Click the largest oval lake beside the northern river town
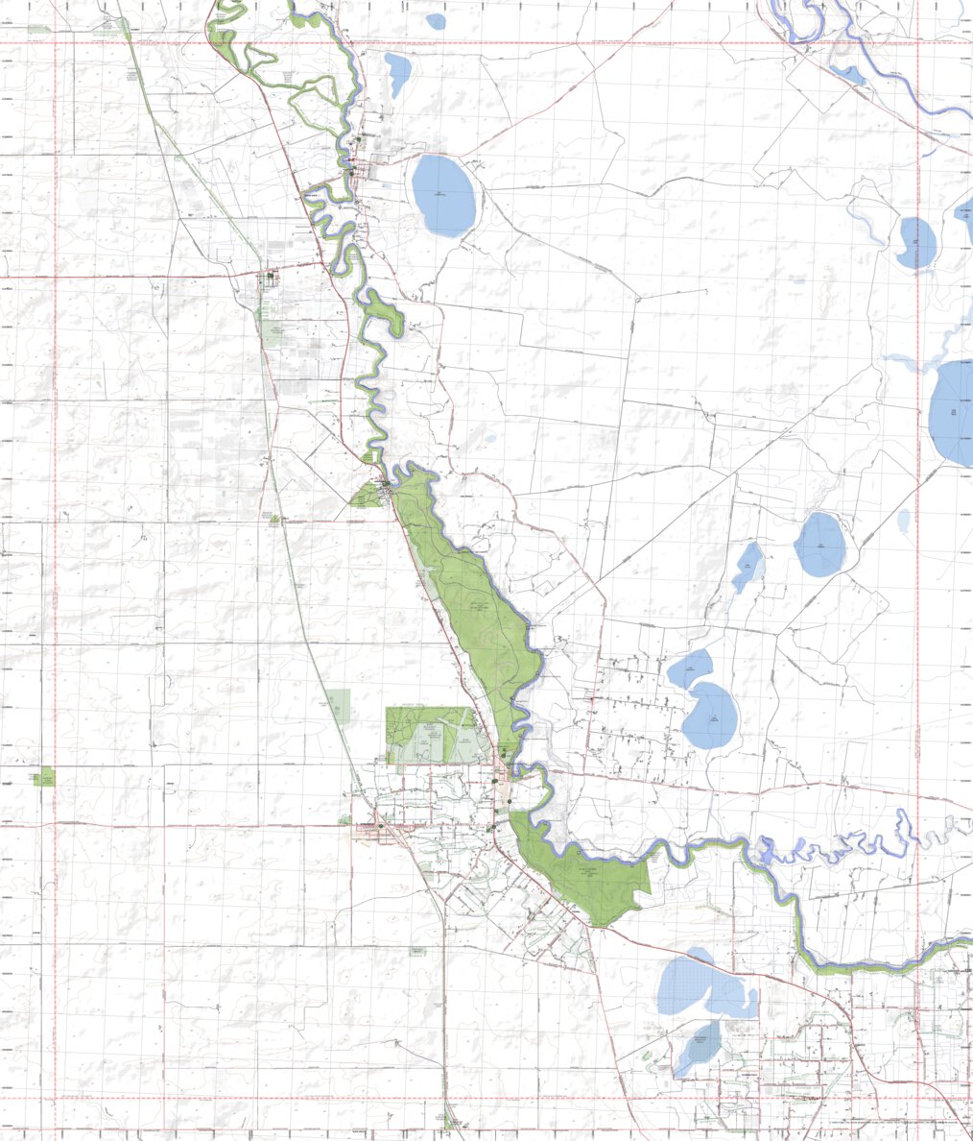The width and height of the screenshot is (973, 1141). [443, 195]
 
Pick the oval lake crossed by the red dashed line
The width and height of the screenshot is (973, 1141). [917, 242]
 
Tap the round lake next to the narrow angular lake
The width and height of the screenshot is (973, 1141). [820, 545]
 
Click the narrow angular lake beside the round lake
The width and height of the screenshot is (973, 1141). [747, 566]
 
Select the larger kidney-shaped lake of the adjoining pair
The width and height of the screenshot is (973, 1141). [711, 716]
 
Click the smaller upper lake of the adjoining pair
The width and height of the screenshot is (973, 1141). [691, 668]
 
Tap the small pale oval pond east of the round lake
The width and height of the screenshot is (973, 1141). [904, 521]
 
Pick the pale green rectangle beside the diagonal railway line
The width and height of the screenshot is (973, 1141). [339, 705]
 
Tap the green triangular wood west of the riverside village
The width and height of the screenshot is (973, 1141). [367, 496]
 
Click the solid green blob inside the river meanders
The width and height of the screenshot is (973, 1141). [384, 312]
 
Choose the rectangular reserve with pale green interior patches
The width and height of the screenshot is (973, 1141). [430, 736]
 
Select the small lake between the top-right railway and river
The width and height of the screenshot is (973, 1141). [847, 73]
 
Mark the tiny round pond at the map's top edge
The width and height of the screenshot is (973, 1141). [436, 20]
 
